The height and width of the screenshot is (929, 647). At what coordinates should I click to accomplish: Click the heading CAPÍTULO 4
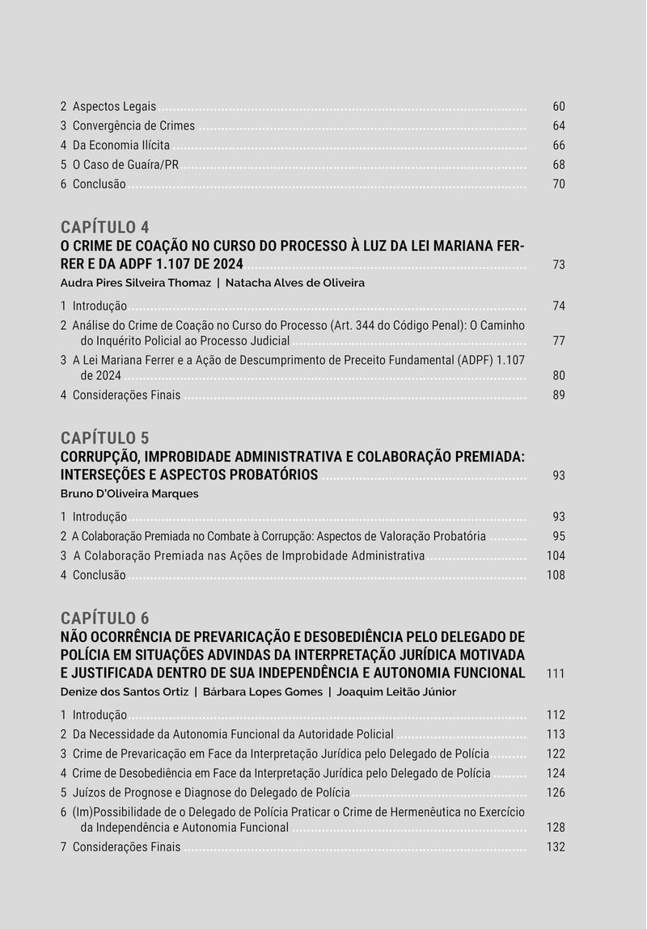click(x=104, y=227)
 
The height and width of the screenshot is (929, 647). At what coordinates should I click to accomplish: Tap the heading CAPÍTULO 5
click(x=104, y=438)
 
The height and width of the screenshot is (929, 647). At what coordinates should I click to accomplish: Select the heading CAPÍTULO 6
click(x=104, y=619)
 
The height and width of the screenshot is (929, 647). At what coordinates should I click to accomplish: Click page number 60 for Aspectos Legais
click(x=559, y=107)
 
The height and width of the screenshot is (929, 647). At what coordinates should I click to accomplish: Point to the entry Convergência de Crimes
click(x=133, y=126)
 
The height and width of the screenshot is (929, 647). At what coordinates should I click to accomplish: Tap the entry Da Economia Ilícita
click(x=121, y=146)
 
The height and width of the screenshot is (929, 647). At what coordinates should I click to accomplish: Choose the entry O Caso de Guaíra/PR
click(x=125, y=165)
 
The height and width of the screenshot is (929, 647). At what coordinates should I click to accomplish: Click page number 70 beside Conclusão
click(x=559, y=184)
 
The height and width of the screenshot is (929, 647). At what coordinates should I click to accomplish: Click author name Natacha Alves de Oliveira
click(x=295, y=283)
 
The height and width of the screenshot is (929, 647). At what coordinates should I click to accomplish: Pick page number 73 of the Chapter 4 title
click(x=559, y=265)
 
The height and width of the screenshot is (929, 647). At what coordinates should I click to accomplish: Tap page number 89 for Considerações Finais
click(x=559, y=395)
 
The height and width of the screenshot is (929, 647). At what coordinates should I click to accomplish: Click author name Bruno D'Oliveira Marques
click(x=129, y=494)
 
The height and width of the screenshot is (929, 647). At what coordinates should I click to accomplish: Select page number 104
click(x=556, y=556)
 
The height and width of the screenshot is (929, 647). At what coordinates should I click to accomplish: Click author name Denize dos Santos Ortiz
click(x=124, y=692)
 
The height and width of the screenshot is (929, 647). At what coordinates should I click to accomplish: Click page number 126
click(x=556, y=793)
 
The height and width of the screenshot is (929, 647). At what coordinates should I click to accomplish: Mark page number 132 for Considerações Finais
click(x=556, y=847)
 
